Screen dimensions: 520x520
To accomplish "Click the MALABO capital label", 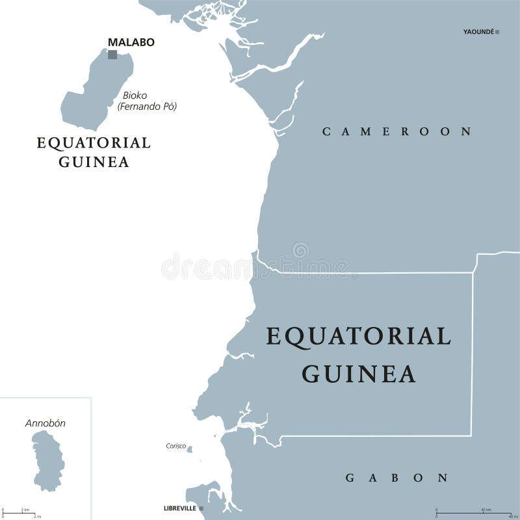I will (131, 42).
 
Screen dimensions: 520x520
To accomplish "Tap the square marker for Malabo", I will (112, 55).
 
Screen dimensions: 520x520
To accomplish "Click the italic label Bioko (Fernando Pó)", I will (147, 101).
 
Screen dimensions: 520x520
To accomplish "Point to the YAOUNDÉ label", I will (478, 31).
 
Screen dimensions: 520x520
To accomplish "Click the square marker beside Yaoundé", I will (497, 31).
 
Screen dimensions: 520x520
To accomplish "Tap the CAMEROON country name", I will (396, 131).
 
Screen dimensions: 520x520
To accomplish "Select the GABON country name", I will (396, 478).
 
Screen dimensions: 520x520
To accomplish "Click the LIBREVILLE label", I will (181, 508).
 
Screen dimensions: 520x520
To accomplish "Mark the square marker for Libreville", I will (201, 508).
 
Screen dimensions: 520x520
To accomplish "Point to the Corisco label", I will (175, 446).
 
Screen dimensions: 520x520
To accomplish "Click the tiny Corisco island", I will (189, 448).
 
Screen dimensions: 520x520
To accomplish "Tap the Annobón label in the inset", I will (45, 423).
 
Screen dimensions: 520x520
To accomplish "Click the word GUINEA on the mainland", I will (359, 374).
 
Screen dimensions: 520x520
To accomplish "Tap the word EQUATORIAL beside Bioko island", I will (94, 142).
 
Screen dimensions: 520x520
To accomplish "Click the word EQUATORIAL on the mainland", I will (359, 336).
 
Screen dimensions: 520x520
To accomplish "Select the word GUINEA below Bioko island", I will (94, 162).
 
